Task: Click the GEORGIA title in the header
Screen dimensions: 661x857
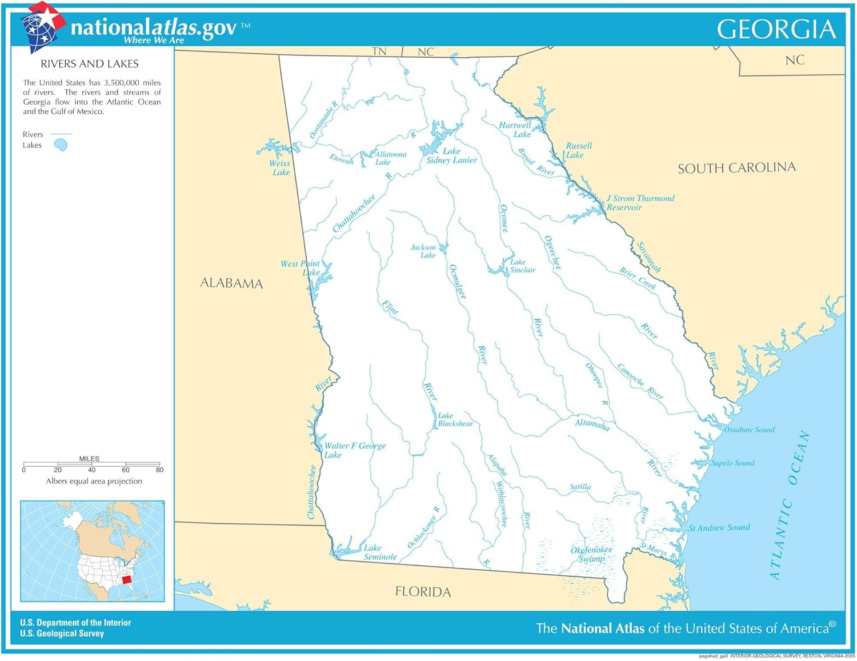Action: pyautogui.click(x=776, y=29)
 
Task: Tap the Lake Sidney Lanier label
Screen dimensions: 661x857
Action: pyautogui.click(x=451, y=156)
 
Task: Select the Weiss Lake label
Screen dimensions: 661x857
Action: pyautogui.click(x=280, y=168)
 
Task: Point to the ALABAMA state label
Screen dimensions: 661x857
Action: pyautogui.click(x=231, y=283)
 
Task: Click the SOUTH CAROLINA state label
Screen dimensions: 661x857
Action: pyautogui.click(x=736, y=168)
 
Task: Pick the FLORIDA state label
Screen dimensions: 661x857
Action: pyautogui.click(x=423, y=592)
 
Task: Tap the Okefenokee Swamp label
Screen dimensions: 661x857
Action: pyautogui.click(x=591, y=554)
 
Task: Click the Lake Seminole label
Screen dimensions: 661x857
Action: pyautogui.click(x=380, y=552)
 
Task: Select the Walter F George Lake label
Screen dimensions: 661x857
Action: pyautogui.click(x=354, y=450)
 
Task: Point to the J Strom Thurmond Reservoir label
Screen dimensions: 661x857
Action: pyautogui.click(x=640, y=203)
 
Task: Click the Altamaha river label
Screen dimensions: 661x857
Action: pyautogui.click(x=592, y=424)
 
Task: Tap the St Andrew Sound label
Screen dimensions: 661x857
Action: pyautogui.click(x=719, y=528)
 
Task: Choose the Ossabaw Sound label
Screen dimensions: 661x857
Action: pyautogui.click(x=749, y=430)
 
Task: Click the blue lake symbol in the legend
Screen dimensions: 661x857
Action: pyautogui.click(x=61, y=145)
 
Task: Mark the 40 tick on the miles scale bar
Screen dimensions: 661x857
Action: pyautogui.click(x=91, y=464)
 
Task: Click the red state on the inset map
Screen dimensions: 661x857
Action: pyautogui.click(x=127, y=580)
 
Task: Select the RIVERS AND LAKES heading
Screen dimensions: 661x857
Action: pyautogui.click(x=90, y=64)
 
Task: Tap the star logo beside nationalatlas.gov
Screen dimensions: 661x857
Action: pyautogui.click(x=43, y=26)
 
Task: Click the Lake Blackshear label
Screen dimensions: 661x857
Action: pyautogui.click(x=455, y=420)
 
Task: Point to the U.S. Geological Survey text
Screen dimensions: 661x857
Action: pyautogui.click(x=62, y=634)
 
